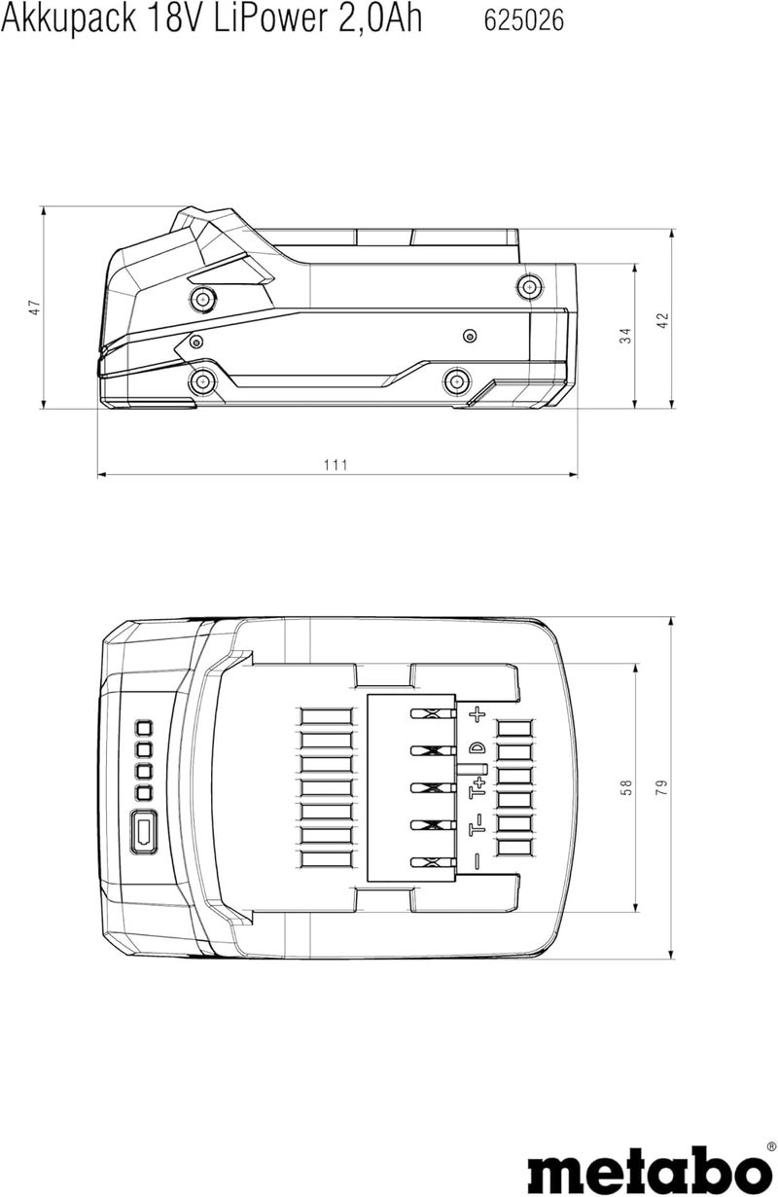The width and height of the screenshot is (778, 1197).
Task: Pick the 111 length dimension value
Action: pos(336,465)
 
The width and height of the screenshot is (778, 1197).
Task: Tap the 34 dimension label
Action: pos(625,335)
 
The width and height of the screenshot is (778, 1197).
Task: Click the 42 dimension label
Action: pos(663,320)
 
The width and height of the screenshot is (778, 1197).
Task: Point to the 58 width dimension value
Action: pos(625,787)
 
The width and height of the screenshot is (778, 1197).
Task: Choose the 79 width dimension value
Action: pos(663,787)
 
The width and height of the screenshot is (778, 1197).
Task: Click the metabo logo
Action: pos(647,1166)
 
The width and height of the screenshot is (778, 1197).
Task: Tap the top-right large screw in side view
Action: pos(528,285)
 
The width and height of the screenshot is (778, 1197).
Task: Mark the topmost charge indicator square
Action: pos(144,728)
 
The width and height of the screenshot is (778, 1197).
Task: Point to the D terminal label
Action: pos(477,748)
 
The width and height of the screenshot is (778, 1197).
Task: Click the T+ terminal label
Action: pos(477,787)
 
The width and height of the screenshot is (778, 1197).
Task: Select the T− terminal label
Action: pos(477,827)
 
